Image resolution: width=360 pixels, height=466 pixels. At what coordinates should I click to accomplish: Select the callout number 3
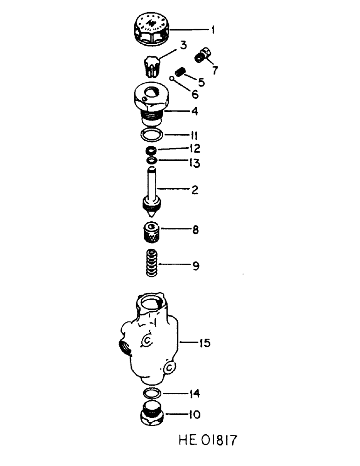click(x=184, y=45)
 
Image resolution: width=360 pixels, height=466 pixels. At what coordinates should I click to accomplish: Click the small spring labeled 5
click(x=180, y=72)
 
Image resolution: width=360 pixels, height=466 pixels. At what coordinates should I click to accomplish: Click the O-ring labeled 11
click(x=151, y=135)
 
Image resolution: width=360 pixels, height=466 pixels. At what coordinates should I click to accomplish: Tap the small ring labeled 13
click(x=152, y=161)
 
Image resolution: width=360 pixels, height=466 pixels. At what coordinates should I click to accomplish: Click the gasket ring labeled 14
click(x=152, y=393)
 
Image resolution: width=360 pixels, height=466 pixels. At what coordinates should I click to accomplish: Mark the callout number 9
click(x=195, y=266)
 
